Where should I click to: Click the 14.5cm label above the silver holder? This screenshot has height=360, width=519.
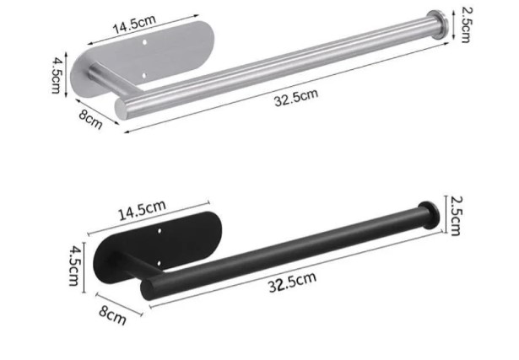134,24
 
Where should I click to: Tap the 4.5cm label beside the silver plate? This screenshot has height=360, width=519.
57,75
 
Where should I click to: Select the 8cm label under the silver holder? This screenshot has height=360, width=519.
90,119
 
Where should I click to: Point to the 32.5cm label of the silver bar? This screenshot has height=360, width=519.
296,98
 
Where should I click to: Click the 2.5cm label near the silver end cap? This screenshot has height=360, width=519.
467,24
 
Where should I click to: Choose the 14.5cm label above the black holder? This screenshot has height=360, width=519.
142,210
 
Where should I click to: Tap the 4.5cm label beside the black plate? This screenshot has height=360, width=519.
74,266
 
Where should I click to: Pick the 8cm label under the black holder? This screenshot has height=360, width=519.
113,315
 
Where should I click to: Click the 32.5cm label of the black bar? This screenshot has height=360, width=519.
292,282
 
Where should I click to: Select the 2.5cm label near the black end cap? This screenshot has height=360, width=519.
456,216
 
